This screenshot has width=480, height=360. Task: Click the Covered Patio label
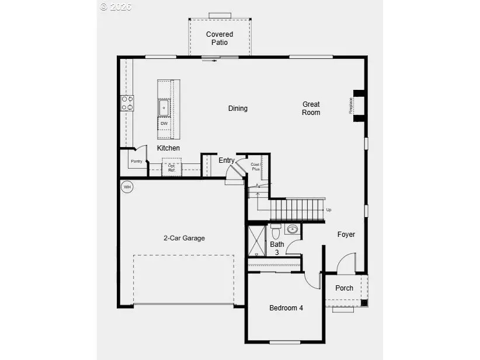pos(220,39)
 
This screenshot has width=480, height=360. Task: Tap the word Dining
pos(238,109)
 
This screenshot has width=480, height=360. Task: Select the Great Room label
pos(311,109)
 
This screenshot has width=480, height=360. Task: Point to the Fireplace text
pos(351,106)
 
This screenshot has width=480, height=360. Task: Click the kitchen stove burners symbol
pos(127,103)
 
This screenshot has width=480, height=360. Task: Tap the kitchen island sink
pos(164,107)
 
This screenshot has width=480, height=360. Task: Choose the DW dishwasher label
pos(164,124)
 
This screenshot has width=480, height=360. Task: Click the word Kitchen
pos(168,148)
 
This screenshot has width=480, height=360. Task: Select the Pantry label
pos(137,161)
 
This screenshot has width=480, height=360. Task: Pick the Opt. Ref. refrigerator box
pos(172,167)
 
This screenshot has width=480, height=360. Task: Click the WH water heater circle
pos(127,187)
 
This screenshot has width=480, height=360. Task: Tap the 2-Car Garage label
pos(184,238)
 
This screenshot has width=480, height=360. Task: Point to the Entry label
pos(227,160)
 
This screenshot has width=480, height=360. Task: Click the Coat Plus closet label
pos(255,166)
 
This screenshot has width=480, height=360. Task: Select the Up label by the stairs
pos(329,210)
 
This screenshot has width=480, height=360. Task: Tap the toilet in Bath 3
pos(276,229)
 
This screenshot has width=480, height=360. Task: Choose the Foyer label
pos(346,235)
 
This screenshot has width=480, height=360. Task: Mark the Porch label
pos(344,288)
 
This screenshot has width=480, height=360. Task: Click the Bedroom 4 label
pos(286,308)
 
